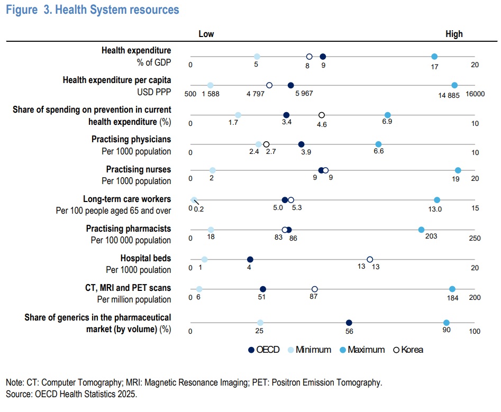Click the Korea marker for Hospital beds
pyautogui.click(x=370, y=259)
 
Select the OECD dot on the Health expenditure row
pyautogui.click(x=323, y=57)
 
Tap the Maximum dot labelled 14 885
pyautogui.click(x=454, y=85)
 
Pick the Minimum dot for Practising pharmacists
pyautogui.click(x=211, y=230)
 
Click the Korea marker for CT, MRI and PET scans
pyautogui.click(x=314, y=289)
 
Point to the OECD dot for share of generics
pyautogui.click(x=349, y=323)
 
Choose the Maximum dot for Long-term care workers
pyautogui.click(x=437, y=200)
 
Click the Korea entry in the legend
pyautogui.click(x=408, y=350)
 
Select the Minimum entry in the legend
pyautogui.click(x=309, y=350)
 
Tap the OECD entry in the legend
pyautogui.click(x=263, y=350)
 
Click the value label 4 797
pyautogui.click(x=256, y=94)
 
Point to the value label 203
pyautogui.click(x=431, y=236)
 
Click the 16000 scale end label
pyautogui.click(x=475, y=94)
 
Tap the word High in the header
pyautogui.click(x=454, y=34)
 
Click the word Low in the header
pyautogui.click(x=206, y=34)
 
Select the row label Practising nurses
pyautogui.click(x=139, y=169)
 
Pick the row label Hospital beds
pyautogui.click(x=145, y=259)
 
